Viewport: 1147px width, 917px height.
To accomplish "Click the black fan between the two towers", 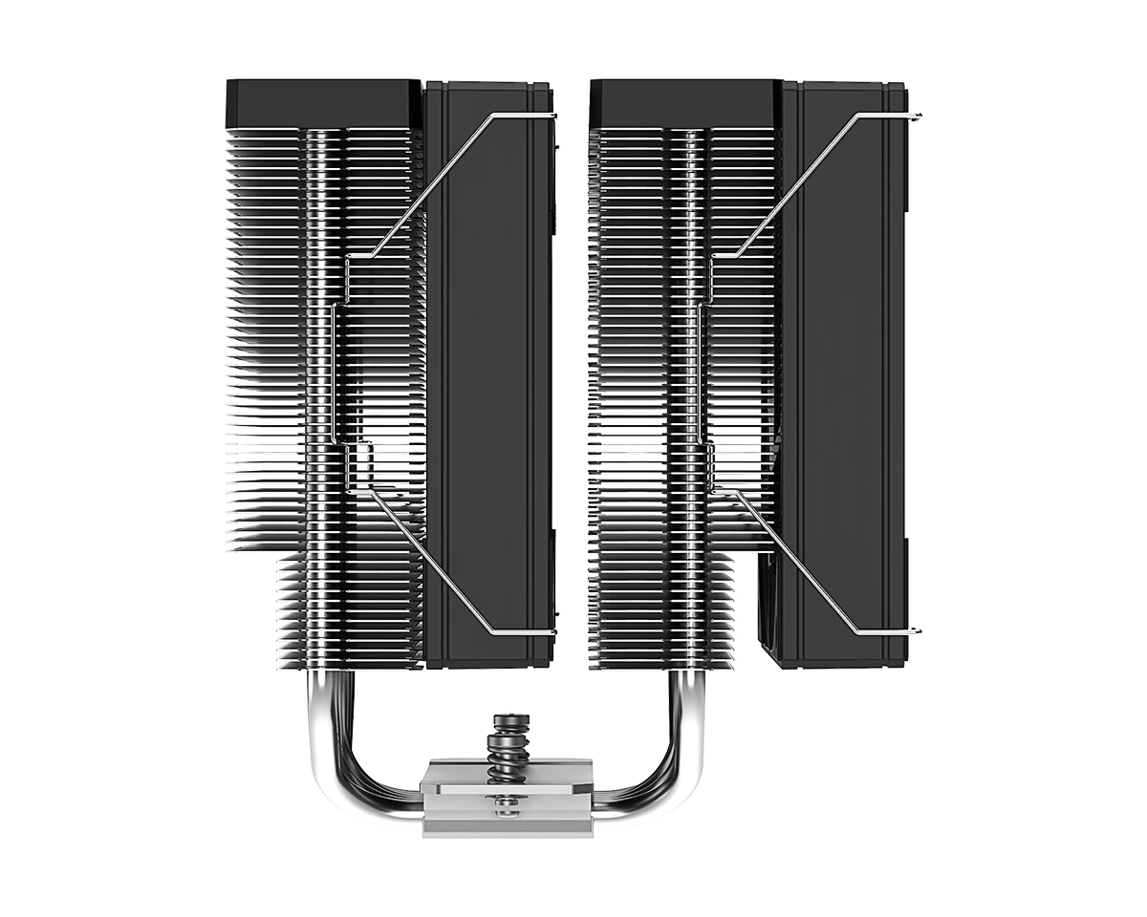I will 487,382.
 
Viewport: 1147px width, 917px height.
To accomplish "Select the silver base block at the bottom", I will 507,798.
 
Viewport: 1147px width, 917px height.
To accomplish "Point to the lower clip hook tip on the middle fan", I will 553,632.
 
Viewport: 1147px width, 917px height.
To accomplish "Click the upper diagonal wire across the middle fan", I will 430,186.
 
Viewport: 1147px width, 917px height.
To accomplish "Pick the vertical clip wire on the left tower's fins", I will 334,373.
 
